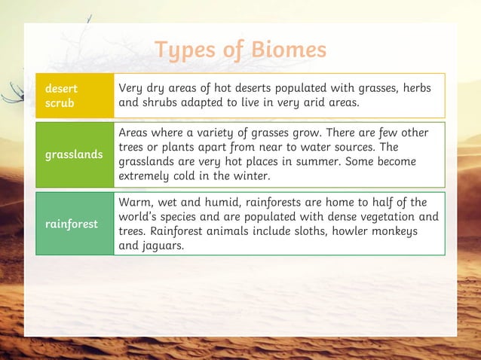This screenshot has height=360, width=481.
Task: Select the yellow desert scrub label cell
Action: (x=74, y=96)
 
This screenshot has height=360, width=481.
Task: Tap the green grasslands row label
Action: (x=74, y=154)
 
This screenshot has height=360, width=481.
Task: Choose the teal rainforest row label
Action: (x=74, y=224)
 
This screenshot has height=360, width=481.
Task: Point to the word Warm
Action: (x=135, y=202)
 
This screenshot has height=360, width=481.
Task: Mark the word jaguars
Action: (x=164, y=245)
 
